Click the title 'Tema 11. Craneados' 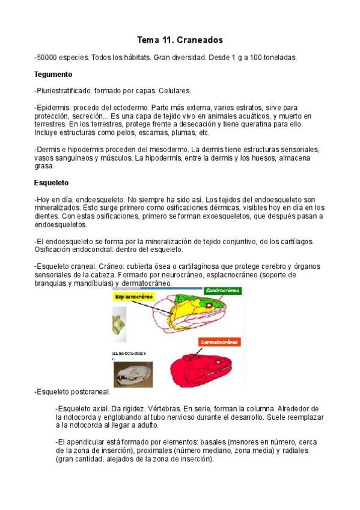[180, 40]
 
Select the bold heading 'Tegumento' [53, 75]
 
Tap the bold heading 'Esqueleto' [52, 182]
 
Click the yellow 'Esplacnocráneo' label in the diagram [133, 296]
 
